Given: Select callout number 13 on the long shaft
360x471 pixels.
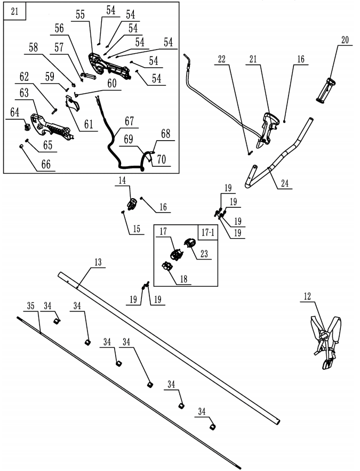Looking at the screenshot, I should click(98, 263).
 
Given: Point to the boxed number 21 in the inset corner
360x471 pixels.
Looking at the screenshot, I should click(15, 11).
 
